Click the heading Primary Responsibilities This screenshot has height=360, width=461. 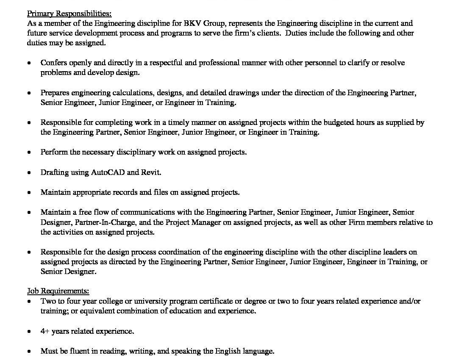point(69,13)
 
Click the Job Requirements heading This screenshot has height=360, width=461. point(58,291)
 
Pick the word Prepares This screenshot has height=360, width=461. point(55,93)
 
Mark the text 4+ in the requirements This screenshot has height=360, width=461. point(45,331)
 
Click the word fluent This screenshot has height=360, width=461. point(78,351)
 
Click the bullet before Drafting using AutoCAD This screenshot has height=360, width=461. point(29,173)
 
